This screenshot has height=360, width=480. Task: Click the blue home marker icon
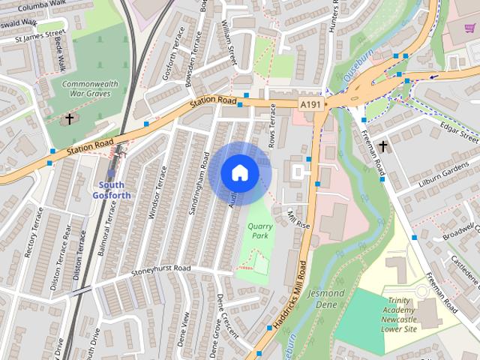[240, 173]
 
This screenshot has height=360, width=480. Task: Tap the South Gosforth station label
[114, 190]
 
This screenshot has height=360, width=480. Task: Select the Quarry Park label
[259, 229]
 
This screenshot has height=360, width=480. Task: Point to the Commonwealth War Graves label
[86, 88]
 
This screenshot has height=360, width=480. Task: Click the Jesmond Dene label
[326, 298]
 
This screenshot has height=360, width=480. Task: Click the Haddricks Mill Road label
[290, 296]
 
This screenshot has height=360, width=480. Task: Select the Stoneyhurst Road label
[161, 269]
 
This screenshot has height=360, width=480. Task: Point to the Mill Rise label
[298, 219]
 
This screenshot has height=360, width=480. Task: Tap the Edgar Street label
[460, 133]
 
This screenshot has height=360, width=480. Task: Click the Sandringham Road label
[199, 184]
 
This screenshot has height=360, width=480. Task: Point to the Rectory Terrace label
[34, 232]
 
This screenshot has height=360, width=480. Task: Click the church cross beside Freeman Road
[382, 145]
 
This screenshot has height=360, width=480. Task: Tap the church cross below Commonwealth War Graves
[70, 118]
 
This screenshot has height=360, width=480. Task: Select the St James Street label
[34, 35]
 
